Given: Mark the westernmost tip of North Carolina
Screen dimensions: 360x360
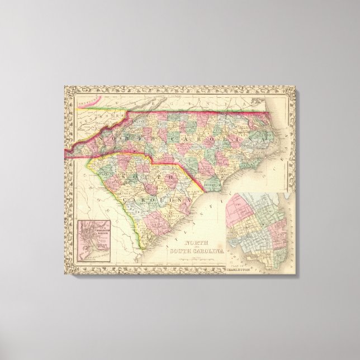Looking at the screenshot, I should click(66, 150).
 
